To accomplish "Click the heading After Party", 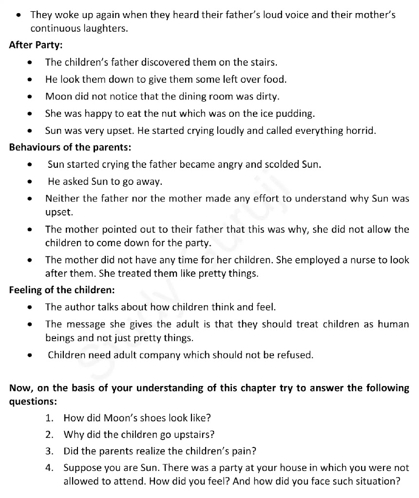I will [x=36, y=45].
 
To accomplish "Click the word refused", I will [x=295, y=355].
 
